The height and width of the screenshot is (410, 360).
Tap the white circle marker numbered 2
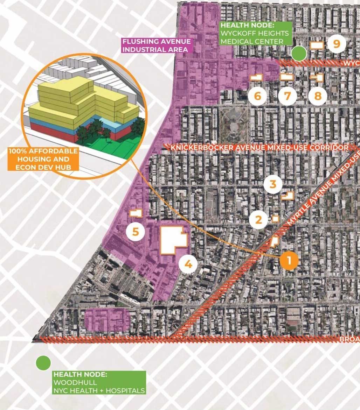click(x=258, y=220)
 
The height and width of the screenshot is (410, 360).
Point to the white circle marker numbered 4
click(x=188, y=264)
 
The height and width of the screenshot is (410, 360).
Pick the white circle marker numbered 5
click(x=136, y=232)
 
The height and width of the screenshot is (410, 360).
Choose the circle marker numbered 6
click(x=257, y=96)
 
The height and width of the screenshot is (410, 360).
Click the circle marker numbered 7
click(x=288, y=96)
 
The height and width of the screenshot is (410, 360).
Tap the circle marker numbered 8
click(x=318, y=96)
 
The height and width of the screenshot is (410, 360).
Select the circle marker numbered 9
click(x=337, y=44)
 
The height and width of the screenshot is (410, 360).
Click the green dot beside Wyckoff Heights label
click(x=299, y=53)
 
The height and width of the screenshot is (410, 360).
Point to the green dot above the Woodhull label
click(x=43, y=363)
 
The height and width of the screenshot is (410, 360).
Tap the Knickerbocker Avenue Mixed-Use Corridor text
click(x=259, y=148)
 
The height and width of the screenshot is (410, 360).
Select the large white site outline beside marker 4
click(x=173, y=240)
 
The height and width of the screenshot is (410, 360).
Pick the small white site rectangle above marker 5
click(x=136, y=213)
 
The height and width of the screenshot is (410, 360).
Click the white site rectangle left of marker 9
click(x=317, y=45)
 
